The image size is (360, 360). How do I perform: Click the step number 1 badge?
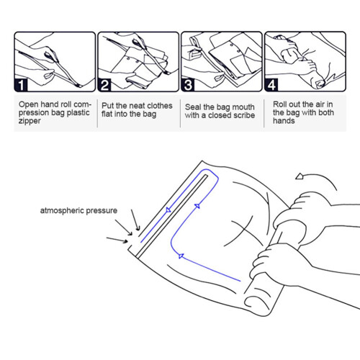pos(21,85)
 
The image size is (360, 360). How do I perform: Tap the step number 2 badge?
pos(104,85)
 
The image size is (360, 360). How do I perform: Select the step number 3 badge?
pos(188,85)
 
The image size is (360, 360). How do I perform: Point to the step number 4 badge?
pos(271,85)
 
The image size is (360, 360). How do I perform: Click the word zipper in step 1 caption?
pos(30,121)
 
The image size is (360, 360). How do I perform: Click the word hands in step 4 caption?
pos(284,120)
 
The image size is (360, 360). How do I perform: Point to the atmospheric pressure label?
pos(78,210)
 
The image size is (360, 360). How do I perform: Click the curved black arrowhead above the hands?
pos(300,176)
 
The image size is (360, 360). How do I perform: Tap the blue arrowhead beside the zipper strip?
pos(168,210)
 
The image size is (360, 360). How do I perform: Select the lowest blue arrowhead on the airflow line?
pos(181,256)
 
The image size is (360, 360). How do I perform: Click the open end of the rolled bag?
pos(256,304)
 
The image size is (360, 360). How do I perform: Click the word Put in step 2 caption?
pos(108,106)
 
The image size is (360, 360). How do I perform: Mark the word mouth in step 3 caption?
pos(243,107)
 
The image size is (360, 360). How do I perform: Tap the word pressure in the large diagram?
pos(102,211)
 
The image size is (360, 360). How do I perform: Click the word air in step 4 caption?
pos(320,104)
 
